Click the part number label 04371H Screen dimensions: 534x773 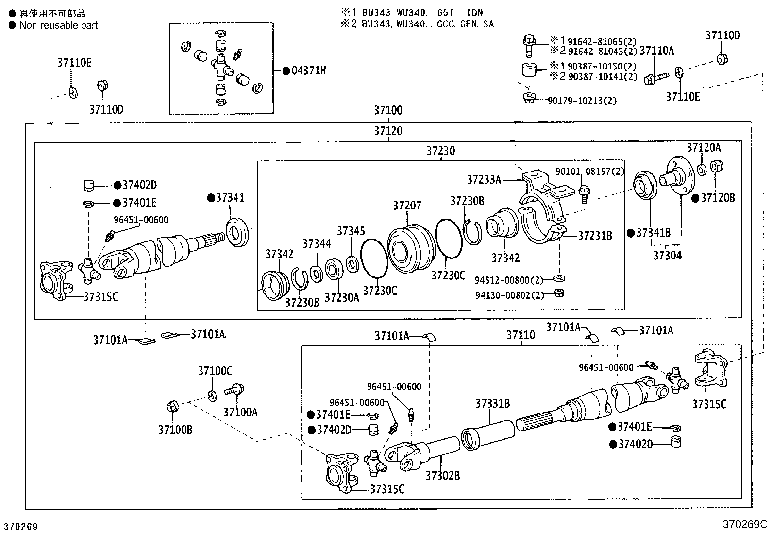click(308, 71)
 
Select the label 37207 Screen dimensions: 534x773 click(407, 206)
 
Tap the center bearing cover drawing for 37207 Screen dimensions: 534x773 click(410, 249)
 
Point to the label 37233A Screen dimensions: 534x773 click(484, 180)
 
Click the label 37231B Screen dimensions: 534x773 click(595, 236)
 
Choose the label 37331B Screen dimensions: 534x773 click(492, 404)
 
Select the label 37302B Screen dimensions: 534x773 click(442, 476)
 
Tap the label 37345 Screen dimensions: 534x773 click(351, 231)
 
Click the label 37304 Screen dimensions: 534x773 click(667, 256)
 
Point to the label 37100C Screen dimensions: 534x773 click(215, 371)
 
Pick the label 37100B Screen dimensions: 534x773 click(175, 430)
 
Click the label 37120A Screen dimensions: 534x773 click(704, 148)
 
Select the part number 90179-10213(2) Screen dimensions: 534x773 click(582, 101)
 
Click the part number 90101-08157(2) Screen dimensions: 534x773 click(589, 171)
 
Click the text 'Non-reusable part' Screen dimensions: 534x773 click(58, 25)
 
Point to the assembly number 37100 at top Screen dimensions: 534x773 click(387, 110)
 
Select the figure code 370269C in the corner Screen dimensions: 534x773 click(744, 525)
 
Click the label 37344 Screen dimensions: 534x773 click(317, 243)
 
